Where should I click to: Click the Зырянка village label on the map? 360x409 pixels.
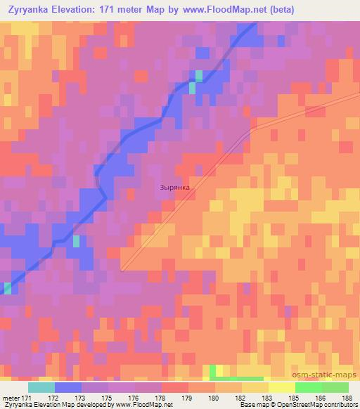(x=175, y=188)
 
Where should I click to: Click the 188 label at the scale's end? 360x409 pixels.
(x=347, y=398)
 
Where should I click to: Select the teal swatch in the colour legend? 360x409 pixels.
(x=41, y=387)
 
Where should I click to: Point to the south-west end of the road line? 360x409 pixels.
(x=122, y=269)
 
